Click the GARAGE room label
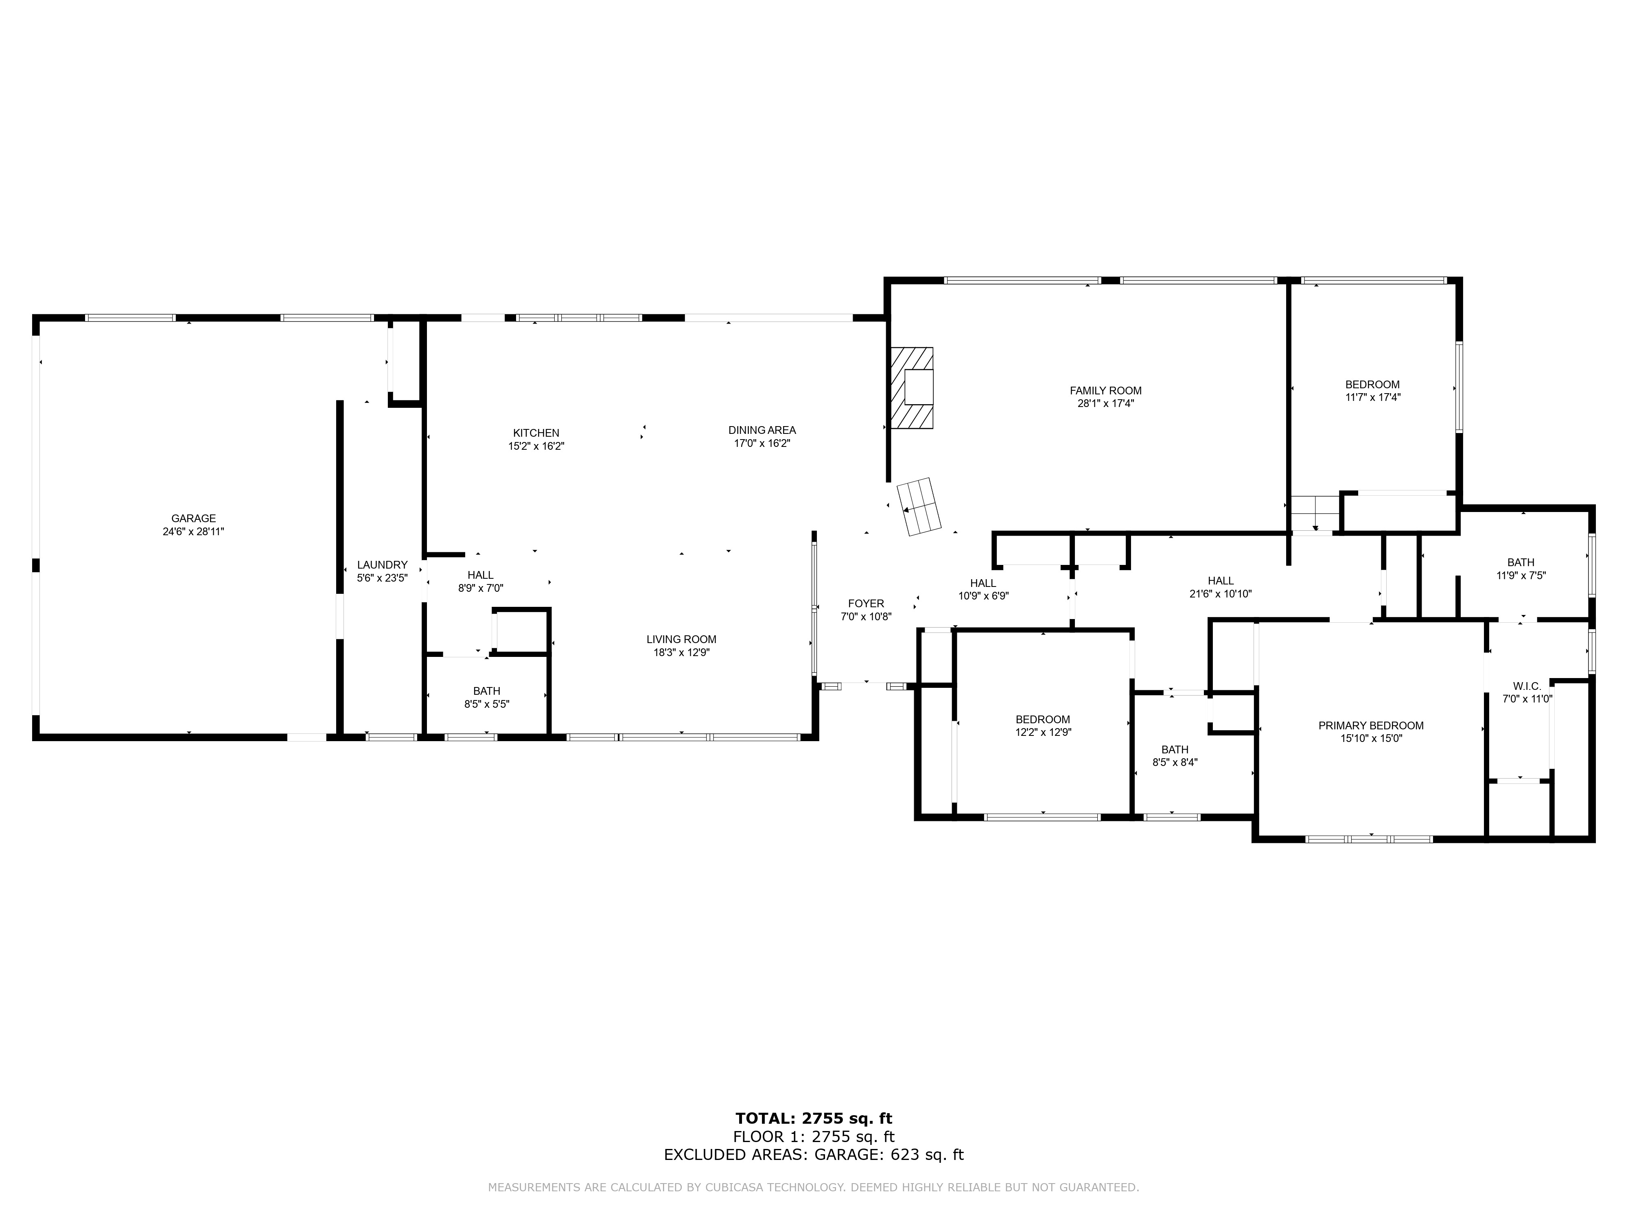click(x=194, y=518)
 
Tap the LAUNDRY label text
click(x=382, y=565)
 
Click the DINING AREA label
click(x=762, y=430)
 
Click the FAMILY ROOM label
click(x=1105, y=390)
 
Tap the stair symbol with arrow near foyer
click(x=919, y=507)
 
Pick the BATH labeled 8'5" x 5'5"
click(x=486, y=697)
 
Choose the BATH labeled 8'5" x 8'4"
click(x=1175, y=756)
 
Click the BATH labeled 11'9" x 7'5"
click(x=1521, y=569)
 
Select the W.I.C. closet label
click(x=1526, y=686)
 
